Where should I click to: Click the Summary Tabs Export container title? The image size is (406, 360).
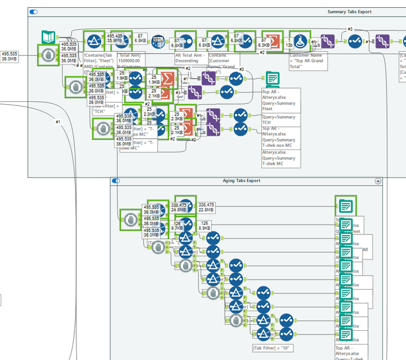349,11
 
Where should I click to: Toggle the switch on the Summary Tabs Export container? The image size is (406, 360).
33,11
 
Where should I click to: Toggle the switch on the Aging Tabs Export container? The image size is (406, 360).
115,180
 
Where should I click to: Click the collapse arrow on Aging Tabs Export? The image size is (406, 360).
377,180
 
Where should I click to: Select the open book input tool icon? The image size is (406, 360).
48,37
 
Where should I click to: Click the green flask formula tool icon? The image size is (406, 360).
301,40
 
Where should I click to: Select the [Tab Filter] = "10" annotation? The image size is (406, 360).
274,348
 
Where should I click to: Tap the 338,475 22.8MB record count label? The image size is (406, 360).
207,206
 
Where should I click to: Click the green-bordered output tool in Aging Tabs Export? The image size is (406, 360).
345,205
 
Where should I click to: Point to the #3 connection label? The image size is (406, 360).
350,29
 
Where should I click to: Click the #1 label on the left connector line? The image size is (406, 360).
58,122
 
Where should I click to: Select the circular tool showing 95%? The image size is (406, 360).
158,41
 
